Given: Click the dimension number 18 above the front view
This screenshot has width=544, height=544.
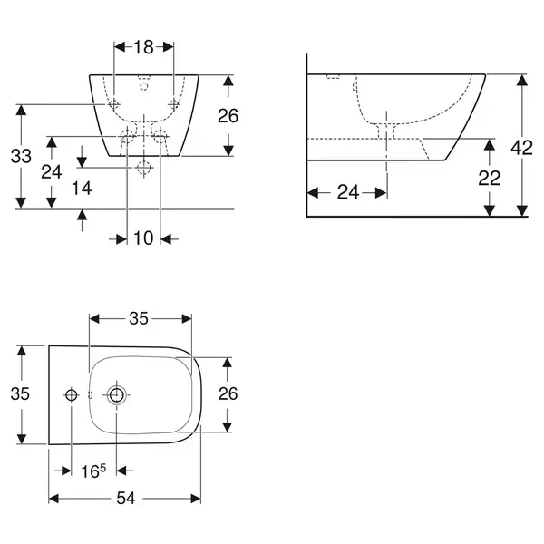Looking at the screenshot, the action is point(143,47).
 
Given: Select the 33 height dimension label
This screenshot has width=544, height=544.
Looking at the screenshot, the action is point(21,156).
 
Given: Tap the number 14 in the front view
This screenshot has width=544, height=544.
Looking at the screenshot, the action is point(82,189).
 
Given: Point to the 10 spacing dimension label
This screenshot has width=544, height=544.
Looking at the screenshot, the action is point(143,238).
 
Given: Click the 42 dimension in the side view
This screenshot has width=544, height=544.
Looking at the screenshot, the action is point(521,148).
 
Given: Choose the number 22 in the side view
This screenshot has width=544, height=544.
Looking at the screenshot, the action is point(490,179).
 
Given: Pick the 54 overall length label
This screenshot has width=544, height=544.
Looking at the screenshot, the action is point(126,499).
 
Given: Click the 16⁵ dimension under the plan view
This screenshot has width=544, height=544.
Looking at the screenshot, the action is point(93,471).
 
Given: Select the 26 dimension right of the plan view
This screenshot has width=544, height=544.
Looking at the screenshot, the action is point(228,393).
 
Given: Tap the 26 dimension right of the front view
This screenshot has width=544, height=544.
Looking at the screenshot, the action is point(228,116).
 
